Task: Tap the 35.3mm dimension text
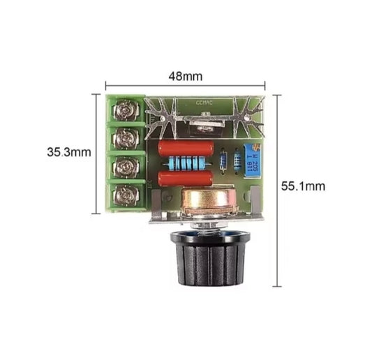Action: click(68, 151)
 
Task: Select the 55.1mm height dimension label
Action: click(303, 186)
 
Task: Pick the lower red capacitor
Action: click(184, 179)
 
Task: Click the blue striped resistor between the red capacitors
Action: click(186, 164)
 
